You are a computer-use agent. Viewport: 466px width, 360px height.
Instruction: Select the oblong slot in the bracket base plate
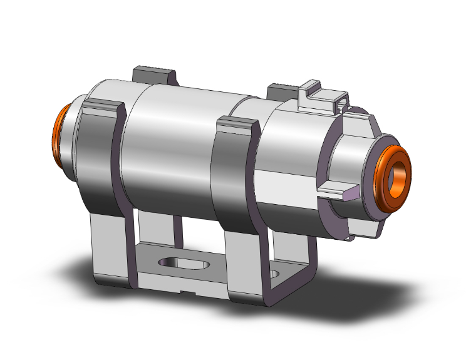(x=185, y=262)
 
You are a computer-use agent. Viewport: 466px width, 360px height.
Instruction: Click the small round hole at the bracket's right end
(x=276, y=274)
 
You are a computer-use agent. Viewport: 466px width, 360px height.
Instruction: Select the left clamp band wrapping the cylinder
(x=100, y=157)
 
